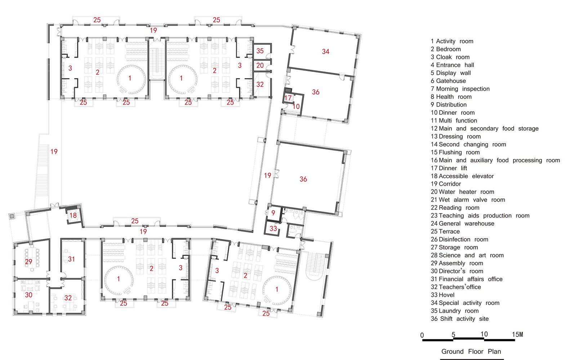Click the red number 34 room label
[x=325, y=51]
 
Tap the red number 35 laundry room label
[x=260, y=51]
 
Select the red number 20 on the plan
[x=260, y=66]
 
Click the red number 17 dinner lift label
[x=288, y=98]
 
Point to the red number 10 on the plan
[x=296, y=107]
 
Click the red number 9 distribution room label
[x=273, y=213]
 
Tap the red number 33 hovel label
[x=273, y=229]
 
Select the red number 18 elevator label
[x=73, y=215]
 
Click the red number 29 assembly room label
[x=28, y=262]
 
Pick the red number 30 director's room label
[x=28, y=295]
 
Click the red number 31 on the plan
[x=71, y=259]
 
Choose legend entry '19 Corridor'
[x=446, y=184]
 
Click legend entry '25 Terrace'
[x=445, y=231]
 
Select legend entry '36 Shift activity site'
[x=460, y=319]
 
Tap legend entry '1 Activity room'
[x=452, y=41]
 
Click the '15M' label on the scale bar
[x=517, y=334]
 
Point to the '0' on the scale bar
[x=422, y=336]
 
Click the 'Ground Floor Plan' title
[x=471, y=351]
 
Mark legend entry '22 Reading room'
[x=455, y=208]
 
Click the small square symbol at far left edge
[x=12, y=216]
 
